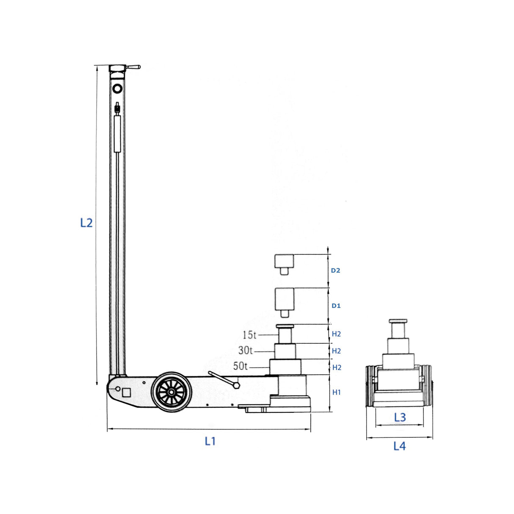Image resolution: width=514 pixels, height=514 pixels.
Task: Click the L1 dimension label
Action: tap(210, 442)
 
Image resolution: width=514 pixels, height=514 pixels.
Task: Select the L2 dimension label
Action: tap(86, 223)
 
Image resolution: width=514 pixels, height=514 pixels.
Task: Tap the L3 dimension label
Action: tap(400, 417)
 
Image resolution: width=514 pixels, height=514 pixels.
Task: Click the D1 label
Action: tap(336, 306)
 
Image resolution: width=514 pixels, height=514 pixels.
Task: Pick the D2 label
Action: tap(336, 271)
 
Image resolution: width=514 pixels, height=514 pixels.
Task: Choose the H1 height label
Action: tap(336, 392)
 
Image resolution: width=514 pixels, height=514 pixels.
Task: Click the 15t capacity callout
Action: tap(249, 335)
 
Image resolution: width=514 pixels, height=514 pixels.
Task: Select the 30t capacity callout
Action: tap(245, 351)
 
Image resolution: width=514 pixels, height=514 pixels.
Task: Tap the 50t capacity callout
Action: tap(240, 366)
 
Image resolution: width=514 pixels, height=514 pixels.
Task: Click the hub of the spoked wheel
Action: tap(171, 392)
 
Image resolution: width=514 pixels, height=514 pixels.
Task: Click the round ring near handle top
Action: tap(117, 88)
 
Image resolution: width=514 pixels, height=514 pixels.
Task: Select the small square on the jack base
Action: tap(126, 392)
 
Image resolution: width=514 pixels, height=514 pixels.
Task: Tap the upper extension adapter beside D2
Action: tap(284, 264)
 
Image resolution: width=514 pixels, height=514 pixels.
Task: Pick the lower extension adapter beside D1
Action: tap(285, 302)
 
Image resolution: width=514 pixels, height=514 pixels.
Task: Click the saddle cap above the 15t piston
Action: tap(285, 326)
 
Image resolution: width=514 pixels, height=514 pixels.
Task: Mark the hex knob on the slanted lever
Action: tap(236, 385)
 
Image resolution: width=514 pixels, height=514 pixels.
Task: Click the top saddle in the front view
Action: tap(398, 321)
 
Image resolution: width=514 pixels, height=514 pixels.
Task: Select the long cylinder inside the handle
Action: tap(117, 134)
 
